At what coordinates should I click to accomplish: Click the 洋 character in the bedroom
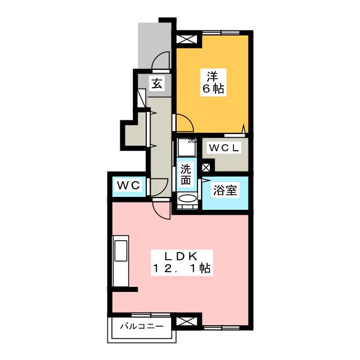click(212, 76)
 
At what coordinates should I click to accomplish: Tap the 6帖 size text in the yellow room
click(212, 88)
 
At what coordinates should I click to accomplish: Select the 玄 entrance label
click(157, 84)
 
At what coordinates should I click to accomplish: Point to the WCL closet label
click(224, 148)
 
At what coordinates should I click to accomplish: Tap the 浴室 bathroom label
click(225, 191)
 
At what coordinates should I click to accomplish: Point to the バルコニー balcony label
click(141, 326)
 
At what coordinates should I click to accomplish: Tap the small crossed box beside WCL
click(206, 167)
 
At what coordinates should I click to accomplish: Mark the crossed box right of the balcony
click(186, 322)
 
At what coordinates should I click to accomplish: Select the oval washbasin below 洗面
click(186, 199)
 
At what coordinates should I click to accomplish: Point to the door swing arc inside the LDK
click(161, 210)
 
